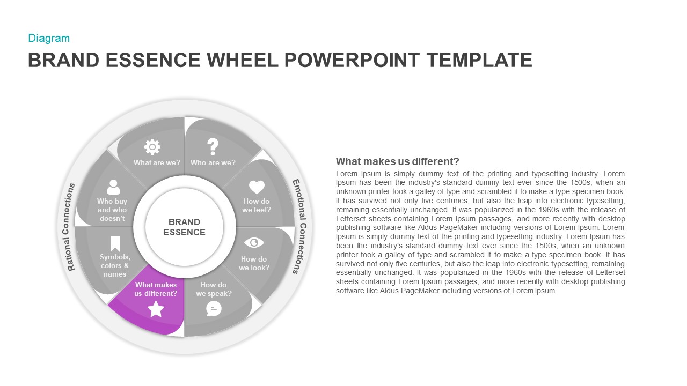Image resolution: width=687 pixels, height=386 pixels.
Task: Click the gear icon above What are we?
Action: [152, 146]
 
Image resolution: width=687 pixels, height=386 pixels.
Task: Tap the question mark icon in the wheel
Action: [213, 146]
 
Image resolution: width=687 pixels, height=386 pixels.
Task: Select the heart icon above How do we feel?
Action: [257, 187]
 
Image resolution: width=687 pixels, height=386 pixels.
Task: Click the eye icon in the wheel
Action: [254, 243]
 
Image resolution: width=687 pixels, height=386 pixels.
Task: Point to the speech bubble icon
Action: [214, 308]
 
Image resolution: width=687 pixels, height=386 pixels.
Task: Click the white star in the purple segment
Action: [156, 309]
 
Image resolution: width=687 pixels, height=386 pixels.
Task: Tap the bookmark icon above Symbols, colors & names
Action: [115, 243]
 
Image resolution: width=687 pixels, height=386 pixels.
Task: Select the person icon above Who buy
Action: [113, 187]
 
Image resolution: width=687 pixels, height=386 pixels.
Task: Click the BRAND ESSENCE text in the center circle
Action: [184, 227]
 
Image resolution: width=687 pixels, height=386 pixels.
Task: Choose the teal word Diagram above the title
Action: [49, 38]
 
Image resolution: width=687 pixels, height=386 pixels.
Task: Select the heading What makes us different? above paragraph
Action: [397, 161]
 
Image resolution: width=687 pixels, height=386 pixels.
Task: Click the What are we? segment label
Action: [157, 162]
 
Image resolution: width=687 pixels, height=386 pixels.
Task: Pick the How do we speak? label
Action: [214, 289]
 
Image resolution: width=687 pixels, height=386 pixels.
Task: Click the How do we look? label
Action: [254, 263]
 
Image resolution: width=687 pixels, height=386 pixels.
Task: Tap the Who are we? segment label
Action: [213, 162]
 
